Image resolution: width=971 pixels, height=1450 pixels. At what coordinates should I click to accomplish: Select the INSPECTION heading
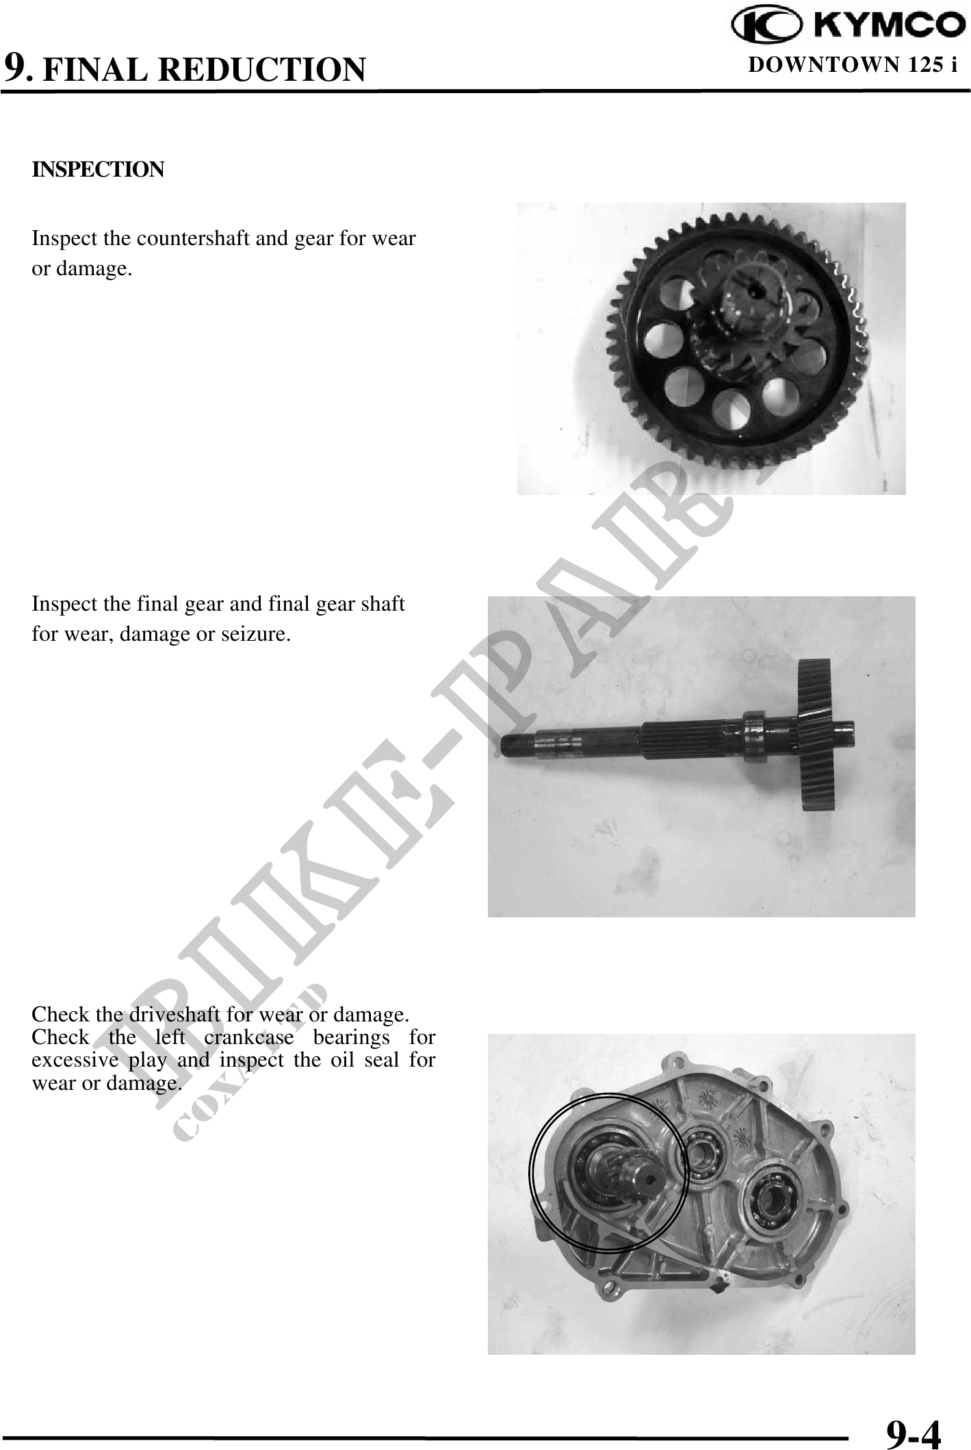pyautogui.click(x=98, y=169)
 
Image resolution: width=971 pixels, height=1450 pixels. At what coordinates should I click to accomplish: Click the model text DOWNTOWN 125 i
pyautogui.click(x=853, y=65)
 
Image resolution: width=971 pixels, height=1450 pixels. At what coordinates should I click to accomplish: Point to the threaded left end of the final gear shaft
pyautogui.click(x=519, y=743)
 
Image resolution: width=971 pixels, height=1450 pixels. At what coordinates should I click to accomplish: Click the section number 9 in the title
pyautogui.click(x=16, y=68)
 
